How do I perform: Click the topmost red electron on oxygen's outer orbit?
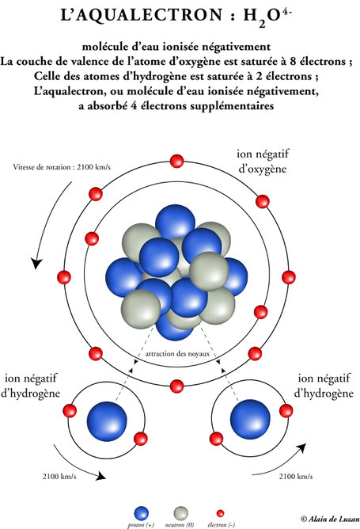click(x=176, y=161)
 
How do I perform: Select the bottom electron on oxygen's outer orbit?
click(x=176, y=386)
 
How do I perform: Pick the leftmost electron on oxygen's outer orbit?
click(x=64, y=277)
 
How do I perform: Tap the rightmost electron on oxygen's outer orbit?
click(x=289, y=277)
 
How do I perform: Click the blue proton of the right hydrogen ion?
click(x=250, y=420)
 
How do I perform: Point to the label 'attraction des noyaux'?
click(x=177, y=354)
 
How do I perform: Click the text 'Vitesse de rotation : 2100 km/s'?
click(x=62, y=167)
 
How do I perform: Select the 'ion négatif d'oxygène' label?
click(x=263, y=162)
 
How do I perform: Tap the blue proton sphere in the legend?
click(x=142, y=513)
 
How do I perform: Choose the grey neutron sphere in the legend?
click(x=180, y=513)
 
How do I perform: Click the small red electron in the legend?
click(x=220, y=513)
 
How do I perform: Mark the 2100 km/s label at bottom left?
click(x=59, y=477)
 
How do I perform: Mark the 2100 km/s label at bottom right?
click(x=296, y=477)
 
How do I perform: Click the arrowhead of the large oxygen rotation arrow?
click(x=36, y=263)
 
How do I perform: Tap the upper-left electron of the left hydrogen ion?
click(x=70, y=411)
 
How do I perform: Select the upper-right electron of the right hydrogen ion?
click(x=286, y=410)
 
